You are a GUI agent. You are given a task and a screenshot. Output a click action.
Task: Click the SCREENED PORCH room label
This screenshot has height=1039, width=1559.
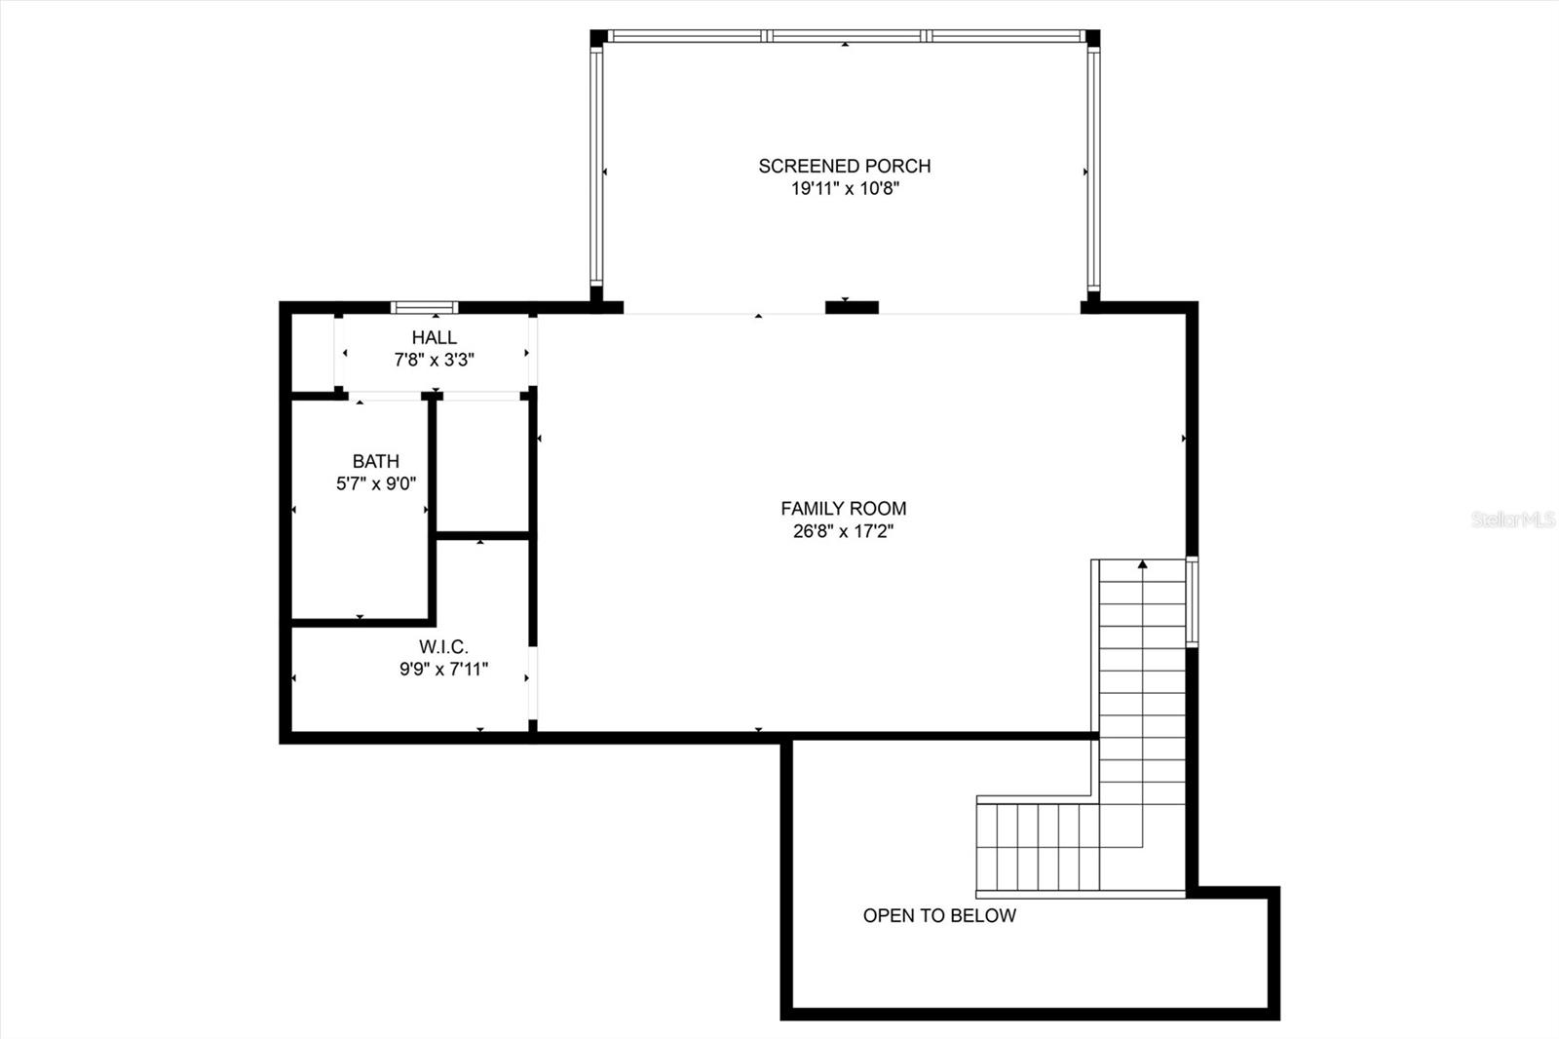click(x=844, y=166)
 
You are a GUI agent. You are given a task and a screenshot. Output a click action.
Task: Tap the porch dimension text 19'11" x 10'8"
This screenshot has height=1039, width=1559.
click(x=844, y=189)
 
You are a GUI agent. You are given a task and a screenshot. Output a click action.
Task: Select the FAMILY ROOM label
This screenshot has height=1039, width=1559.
click(x=843, y=508)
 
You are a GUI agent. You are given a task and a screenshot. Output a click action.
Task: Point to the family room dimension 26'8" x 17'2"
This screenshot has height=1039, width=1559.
click(x=843, y=531)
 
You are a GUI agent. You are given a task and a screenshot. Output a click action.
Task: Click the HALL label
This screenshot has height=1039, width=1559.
click(x=434, y=337)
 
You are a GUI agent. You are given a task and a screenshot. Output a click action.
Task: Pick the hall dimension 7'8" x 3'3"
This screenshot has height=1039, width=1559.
click(x=434, y=360)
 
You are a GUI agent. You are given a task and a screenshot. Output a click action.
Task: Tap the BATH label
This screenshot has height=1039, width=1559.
click(x=375, y=461)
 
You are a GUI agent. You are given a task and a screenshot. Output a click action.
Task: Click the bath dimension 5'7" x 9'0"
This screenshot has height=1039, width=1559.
click(x=375, y=483)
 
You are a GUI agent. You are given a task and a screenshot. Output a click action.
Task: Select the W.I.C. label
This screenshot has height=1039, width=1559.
click(x=443, y=646)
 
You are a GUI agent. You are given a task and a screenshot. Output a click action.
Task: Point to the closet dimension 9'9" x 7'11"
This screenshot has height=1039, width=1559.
click(x=443, y=669)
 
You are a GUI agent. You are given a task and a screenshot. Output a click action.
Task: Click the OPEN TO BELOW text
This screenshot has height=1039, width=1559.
click(x=939, y=915)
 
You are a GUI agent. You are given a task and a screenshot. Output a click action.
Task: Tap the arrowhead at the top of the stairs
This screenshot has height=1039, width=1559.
click(x=1142, y=563)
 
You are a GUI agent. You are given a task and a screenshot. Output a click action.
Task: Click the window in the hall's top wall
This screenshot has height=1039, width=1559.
click(x=424, y=307)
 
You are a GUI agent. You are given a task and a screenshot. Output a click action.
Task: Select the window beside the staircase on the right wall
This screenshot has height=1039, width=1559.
click(x=1192, y=600)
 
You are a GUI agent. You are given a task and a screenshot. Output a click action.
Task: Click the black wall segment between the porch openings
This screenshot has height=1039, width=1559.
click(x=852, y=307)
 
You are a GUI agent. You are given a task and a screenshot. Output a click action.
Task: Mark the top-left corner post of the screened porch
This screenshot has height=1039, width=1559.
click(x=597, y=37)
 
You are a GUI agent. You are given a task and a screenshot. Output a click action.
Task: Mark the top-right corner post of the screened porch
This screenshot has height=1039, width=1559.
click(x=1092, y=37)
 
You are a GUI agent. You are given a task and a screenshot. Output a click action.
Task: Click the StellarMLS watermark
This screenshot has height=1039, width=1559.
click(x=1513, y=519)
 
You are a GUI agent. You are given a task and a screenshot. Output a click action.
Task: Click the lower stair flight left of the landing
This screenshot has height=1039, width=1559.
click(x=1038, y=846)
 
